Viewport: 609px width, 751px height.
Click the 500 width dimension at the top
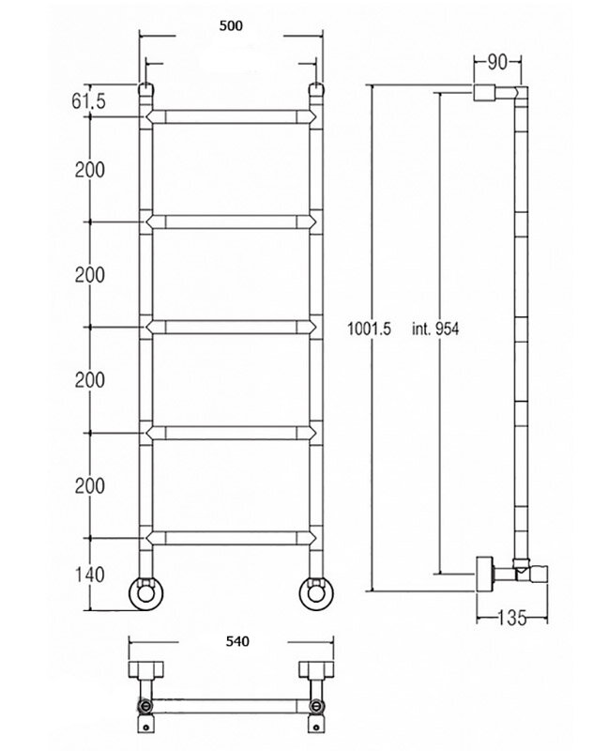[231, 26]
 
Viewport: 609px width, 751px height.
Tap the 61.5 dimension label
[88, 101]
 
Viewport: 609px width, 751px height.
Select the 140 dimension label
[89, 575]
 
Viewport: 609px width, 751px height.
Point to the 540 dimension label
[237, 641]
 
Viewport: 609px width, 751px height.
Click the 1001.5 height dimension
[369, 329]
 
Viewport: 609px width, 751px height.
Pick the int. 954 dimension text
[435, 329]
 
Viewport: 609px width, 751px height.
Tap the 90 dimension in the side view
[497, 62]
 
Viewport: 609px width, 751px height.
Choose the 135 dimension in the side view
[511, 618]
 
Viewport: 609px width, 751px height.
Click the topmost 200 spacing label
[89, 170]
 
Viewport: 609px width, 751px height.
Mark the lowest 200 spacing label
[89, 485]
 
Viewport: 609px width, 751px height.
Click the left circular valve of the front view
[145, 593]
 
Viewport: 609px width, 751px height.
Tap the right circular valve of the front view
[316, 593]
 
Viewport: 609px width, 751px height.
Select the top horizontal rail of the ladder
[231, 116]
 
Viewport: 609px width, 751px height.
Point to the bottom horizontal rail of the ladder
[231, 538]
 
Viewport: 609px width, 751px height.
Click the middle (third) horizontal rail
[231, 327]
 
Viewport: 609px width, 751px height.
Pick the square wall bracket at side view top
[484, 92]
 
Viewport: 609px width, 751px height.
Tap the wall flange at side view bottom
[484, 574]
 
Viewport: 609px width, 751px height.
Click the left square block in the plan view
[146, 669]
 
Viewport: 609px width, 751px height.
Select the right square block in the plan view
[316, 669]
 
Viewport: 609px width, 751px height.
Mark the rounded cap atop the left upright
[145, 89]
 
